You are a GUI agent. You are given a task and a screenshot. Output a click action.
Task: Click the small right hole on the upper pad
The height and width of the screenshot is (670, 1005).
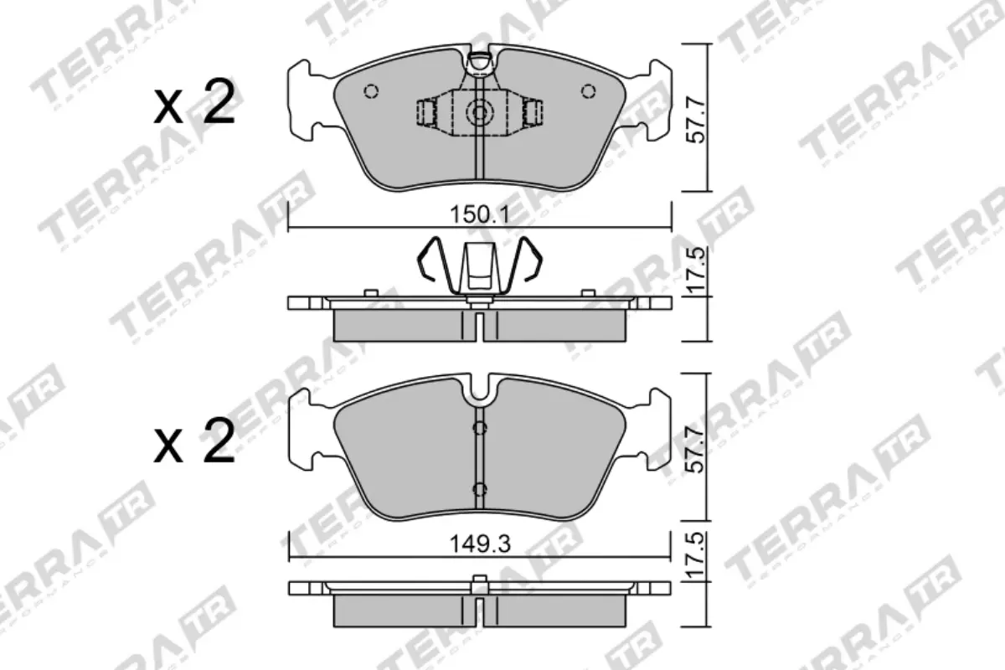click(x=588, y=91)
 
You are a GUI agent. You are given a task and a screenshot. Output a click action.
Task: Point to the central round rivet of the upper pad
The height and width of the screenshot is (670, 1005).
click(x=479, y=111)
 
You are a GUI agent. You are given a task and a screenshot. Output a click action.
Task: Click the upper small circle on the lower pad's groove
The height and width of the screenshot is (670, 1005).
click(x=479, y=429)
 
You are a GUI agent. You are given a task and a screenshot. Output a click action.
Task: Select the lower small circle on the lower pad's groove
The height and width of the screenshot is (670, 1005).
click(x=479, y=489)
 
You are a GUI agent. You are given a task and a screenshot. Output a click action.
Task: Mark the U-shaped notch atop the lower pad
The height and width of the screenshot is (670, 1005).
click(x=480, y=389)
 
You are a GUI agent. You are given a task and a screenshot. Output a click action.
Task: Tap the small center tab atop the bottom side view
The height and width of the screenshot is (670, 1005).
click(x=480, y=581)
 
